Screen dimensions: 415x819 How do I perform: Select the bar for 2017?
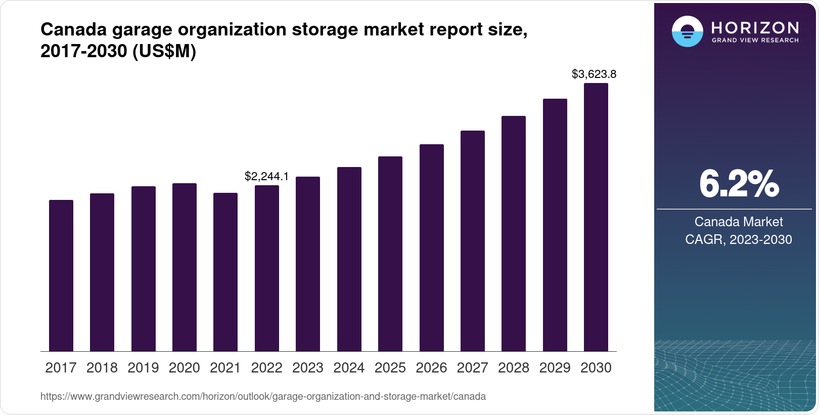pyautogui.click(x=61, y=276)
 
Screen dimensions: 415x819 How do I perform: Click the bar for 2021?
pyautogui.click(x=225, y=272)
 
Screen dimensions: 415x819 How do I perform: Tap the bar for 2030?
pyautogui.click(x=596, y=218)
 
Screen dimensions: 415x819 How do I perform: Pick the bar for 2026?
pyautogui.click(x=431, y=248)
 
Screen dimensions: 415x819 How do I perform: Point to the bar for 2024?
pyautogui.click(x=349, y=259)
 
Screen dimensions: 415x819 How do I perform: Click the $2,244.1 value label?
pyautogui.click(x=266, y=176)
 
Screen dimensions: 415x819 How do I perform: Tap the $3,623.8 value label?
pyautogui.click(x=594, y=74)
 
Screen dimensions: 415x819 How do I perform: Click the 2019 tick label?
pyautogui.click(x=143, y=368)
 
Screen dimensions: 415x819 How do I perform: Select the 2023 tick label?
pyautogui.click(x=308, y=368)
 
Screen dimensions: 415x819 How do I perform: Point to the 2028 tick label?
pyautogui.click(x=514, y=368)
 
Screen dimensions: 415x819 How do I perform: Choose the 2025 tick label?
pyautogui.click(x=390, y=368)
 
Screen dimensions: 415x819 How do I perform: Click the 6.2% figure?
pyautogui.click(x=739, y=184)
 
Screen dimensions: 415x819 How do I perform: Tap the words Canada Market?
pyautogui.click(x=739, y=222)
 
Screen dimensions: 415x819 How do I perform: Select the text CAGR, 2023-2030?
pyautogui.click(x=739, y=239)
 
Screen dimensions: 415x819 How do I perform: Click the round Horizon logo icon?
pyautogui.click(x=687, y=31)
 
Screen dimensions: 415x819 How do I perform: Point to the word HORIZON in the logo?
pyautogui.click(x=755, y=27)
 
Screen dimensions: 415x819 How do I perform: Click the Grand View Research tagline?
pyautogui.click(x=755, y=40)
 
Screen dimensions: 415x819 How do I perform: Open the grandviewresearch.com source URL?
pyautogui.click(x=263, y=397)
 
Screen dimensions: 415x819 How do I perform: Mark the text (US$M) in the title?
pyautogui.click(x=164, y=52)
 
